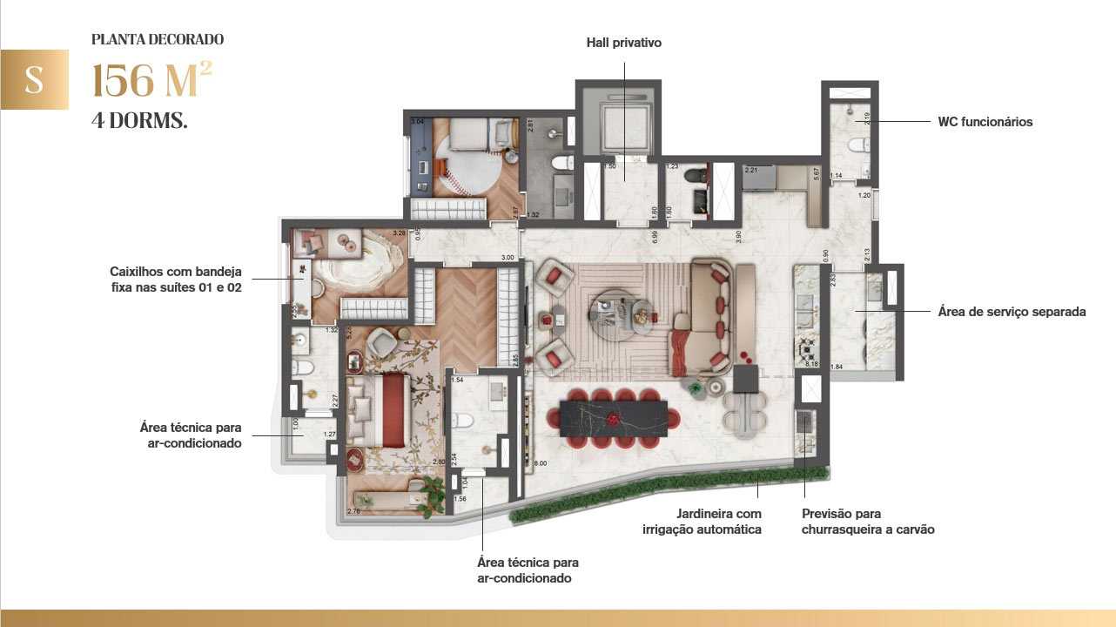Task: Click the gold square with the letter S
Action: tap(34, 79)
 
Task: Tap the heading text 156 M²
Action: tap(151, 82)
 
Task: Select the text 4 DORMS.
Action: tap(139, 121)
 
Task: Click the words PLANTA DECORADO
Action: tap(158, 39)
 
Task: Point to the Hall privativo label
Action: tap(623, 42)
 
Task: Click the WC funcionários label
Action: tap(985, 122)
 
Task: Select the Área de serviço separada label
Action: tap(1012, 311)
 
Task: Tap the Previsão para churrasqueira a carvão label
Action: tap(868, 522)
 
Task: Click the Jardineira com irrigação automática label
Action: tap(719, 522)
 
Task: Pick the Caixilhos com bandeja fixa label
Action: tap(176, 279)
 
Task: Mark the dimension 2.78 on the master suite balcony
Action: tap(354, 511)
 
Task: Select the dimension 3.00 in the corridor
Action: tap(508, 258)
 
